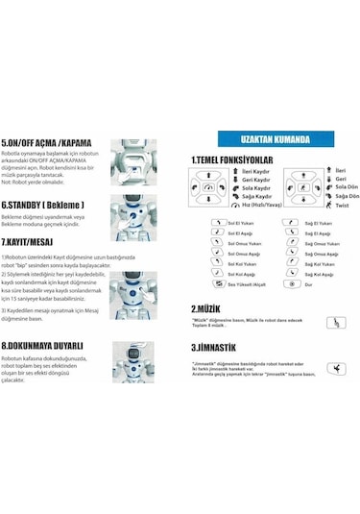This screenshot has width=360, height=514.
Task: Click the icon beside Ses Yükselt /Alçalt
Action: point(216,285)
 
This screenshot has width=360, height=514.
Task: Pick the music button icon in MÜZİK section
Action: point(336,323)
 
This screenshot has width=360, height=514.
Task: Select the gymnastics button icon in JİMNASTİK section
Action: point(336,367)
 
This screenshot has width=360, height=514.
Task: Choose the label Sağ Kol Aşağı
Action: point(320,274)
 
